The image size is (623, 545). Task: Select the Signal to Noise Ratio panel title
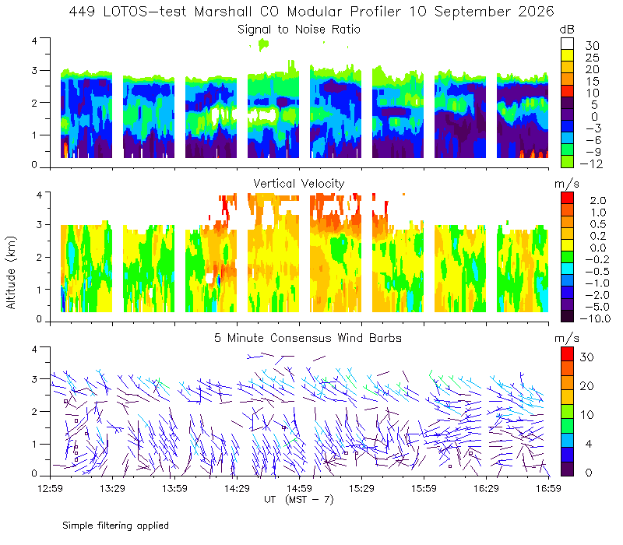299,30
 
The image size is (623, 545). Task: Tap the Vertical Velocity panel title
299,184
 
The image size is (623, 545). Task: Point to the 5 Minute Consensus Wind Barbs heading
308,338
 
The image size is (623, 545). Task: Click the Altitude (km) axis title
11,272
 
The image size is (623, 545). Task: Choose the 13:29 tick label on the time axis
112,488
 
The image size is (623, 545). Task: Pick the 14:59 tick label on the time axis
299,488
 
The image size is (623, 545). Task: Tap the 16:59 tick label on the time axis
548,488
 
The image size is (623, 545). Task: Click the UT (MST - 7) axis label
299,499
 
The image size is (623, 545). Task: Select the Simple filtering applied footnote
115,526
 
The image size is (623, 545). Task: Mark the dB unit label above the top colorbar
567,30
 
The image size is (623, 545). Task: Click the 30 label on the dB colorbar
592,46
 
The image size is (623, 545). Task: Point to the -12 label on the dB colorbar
591,163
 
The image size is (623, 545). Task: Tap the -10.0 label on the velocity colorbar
595,318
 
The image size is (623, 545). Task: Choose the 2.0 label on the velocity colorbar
598,201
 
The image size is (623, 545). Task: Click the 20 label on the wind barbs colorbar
587,385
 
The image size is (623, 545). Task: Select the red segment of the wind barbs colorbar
567,354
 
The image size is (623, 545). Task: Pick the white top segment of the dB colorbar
567,44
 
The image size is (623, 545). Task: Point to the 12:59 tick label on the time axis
50,488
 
